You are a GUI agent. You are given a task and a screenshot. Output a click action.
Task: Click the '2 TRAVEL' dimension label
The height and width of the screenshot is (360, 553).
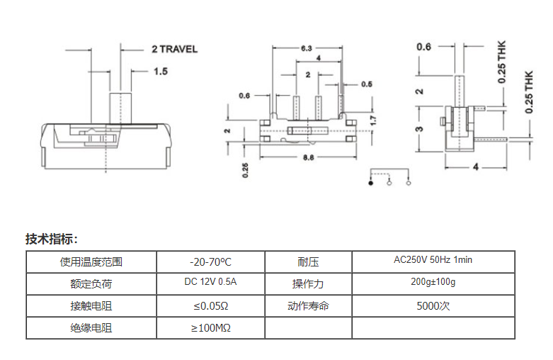(174, 49)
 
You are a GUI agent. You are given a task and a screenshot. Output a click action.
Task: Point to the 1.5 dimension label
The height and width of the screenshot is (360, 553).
(160, 72)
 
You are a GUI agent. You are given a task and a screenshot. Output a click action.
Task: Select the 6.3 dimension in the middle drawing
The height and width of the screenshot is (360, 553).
(307, 49)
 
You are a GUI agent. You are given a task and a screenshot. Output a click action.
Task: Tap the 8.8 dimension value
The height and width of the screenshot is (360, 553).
(309, 157)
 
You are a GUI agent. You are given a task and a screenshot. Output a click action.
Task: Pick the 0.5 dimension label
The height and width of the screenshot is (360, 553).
(366, 84)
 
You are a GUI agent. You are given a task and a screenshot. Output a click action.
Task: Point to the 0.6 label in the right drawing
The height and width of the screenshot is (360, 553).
(423, 47)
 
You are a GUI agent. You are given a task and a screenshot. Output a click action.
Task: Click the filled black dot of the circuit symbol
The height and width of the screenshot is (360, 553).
(370, 184)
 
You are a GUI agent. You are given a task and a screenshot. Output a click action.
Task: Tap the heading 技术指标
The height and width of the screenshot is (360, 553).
(51, 238)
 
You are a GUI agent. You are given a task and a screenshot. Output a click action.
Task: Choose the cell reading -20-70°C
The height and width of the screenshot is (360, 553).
(210, 261)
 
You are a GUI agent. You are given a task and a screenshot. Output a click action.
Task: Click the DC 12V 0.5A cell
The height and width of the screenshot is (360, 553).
(210, 283)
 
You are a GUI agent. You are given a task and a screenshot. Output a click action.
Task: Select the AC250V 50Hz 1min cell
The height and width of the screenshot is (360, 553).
(433, 260)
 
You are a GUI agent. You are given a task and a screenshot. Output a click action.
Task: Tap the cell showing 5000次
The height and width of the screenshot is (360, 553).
(433, 306)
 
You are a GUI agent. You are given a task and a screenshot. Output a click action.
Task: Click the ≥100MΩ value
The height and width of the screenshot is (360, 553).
(210, 328)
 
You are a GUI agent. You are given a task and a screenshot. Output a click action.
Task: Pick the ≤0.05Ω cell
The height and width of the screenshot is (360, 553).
(210, 306)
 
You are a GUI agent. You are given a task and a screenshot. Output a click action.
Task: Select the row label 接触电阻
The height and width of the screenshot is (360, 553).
(91, 306)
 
